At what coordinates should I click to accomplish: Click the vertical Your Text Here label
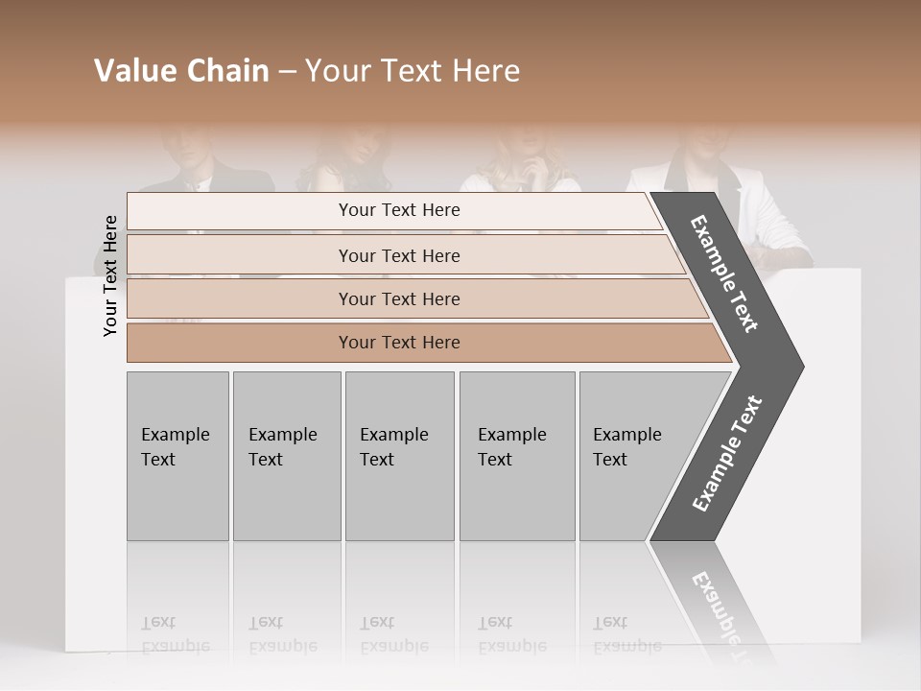pyautogui.click(x=110, y=275)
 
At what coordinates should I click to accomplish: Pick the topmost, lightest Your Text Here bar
pyautogui.click(x=398, y=210)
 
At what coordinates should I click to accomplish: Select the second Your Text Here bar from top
pyautogui.click(x=398, y=255)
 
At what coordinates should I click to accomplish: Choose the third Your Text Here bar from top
pyautogui.click(x=398, y=298)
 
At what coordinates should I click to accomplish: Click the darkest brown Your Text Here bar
pyautogui.click(x=398, y=343)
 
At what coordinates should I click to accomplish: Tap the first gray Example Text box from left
pyautogui.click(x=177, y=456)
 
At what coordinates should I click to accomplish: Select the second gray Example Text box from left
pyautogui.click(x=286, y=456)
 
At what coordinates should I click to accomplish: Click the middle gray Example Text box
pyautogui.click(x=399, y=456)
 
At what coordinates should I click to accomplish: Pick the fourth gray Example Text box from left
pyautogui.click(x=516, y=456)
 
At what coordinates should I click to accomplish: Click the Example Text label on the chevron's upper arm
pyautogui.click(x=724, y=274)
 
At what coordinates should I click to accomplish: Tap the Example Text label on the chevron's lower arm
pyautogui.click(x=726, y=453)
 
